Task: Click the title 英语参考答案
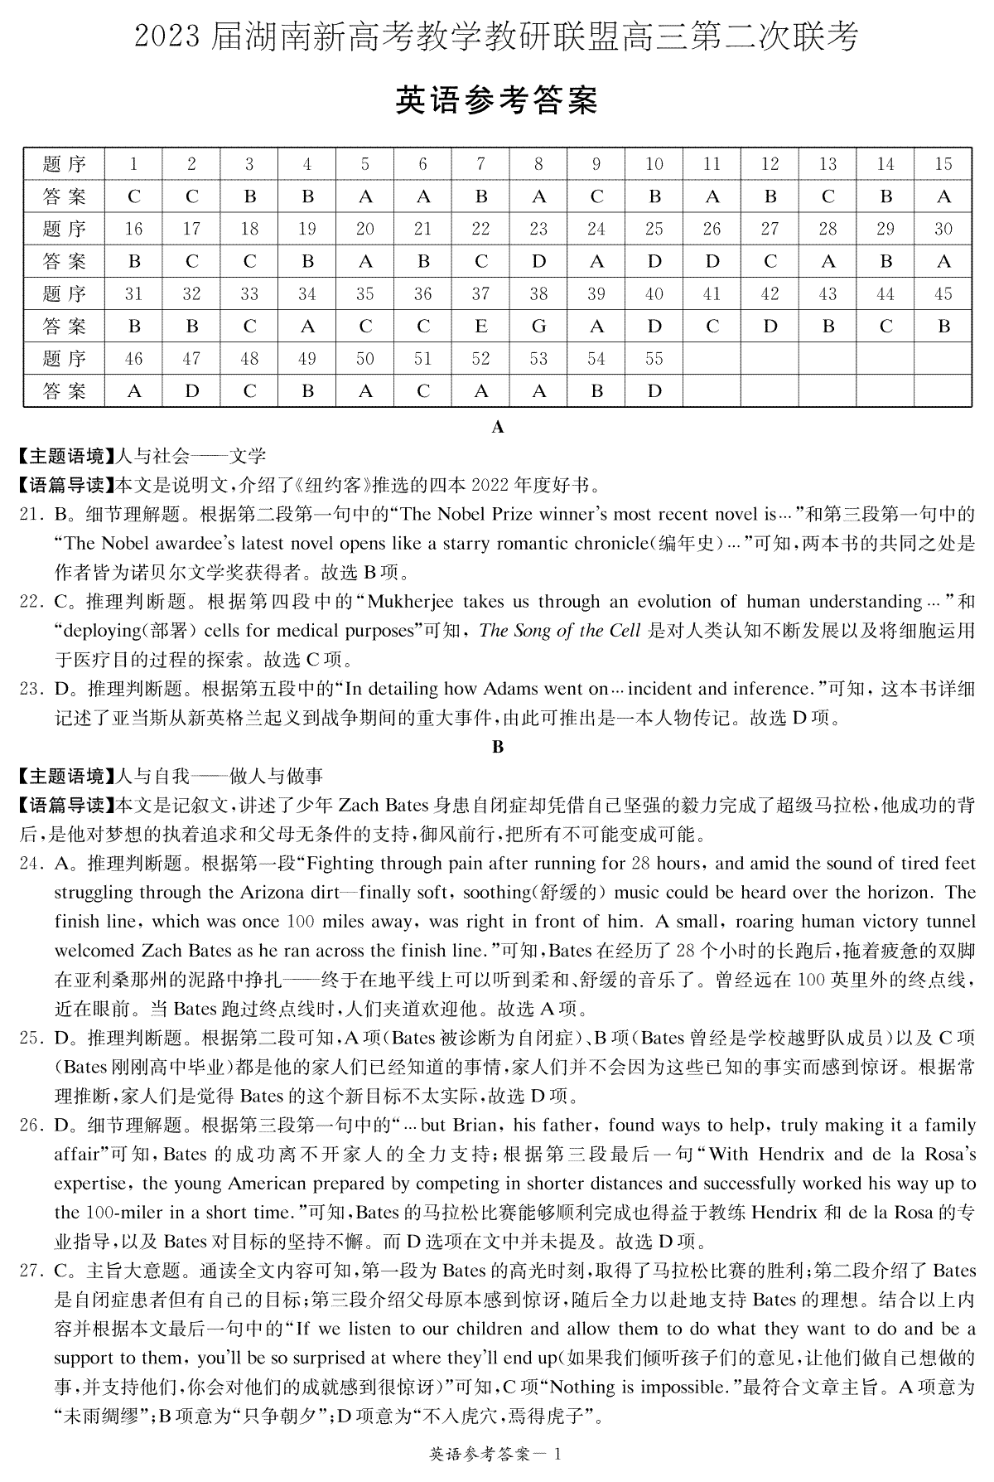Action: (496, 100)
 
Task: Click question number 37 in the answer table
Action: (480, 294)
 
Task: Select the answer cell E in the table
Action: (480, 327)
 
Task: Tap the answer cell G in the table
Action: (538, 327)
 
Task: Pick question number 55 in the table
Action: (654, 359)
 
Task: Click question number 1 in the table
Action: (134, 164)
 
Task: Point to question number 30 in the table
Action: (943, 230)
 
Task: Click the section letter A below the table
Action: (498, 428)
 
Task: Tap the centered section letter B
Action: (498, 747)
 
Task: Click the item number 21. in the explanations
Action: (31, 515)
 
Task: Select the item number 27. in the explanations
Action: (31, 1271)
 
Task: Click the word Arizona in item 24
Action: (273, 893)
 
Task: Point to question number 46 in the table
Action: (134, 359)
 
